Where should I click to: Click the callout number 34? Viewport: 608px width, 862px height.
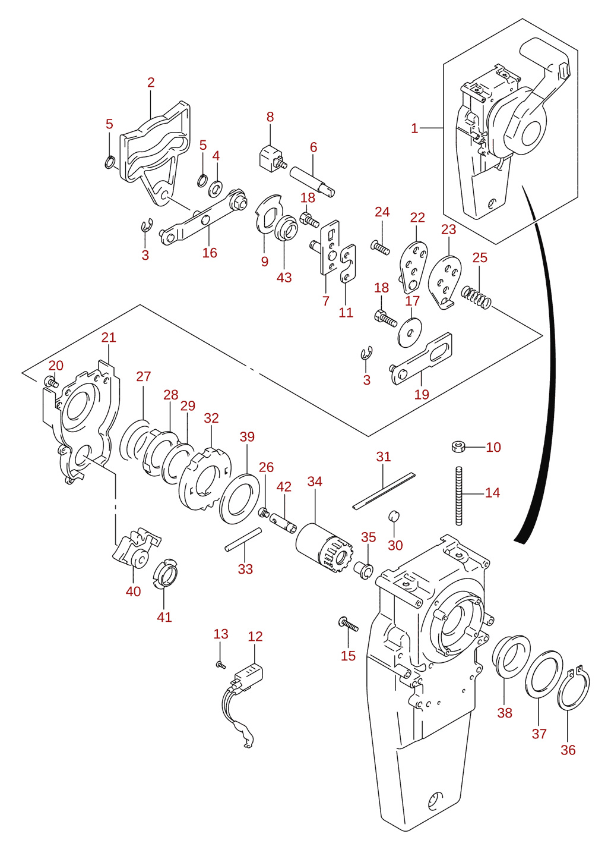coord(314,481)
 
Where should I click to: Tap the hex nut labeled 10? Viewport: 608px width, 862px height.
coord(458,447)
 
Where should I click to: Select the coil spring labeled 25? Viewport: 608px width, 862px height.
coord(476,297)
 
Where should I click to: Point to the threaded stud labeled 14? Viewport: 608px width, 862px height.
coord(458,496)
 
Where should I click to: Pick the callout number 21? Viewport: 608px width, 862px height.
coord(109,338)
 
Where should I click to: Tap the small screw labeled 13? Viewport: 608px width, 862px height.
coord(221,665)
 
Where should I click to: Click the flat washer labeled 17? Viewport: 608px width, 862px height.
coord(410,332)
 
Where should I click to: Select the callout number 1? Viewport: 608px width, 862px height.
coord(414,128)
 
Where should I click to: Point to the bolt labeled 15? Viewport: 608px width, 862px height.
coord(348,623)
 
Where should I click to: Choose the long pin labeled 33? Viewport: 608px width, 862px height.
coord(243,540)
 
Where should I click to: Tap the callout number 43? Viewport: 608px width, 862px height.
coord(284,277)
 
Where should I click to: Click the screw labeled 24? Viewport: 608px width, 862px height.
coord(381,247)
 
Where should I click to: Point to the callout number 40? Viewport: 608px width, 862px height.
coord(133,591)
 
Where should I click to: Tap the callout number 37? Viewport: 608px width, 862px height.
coord(539,734)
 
